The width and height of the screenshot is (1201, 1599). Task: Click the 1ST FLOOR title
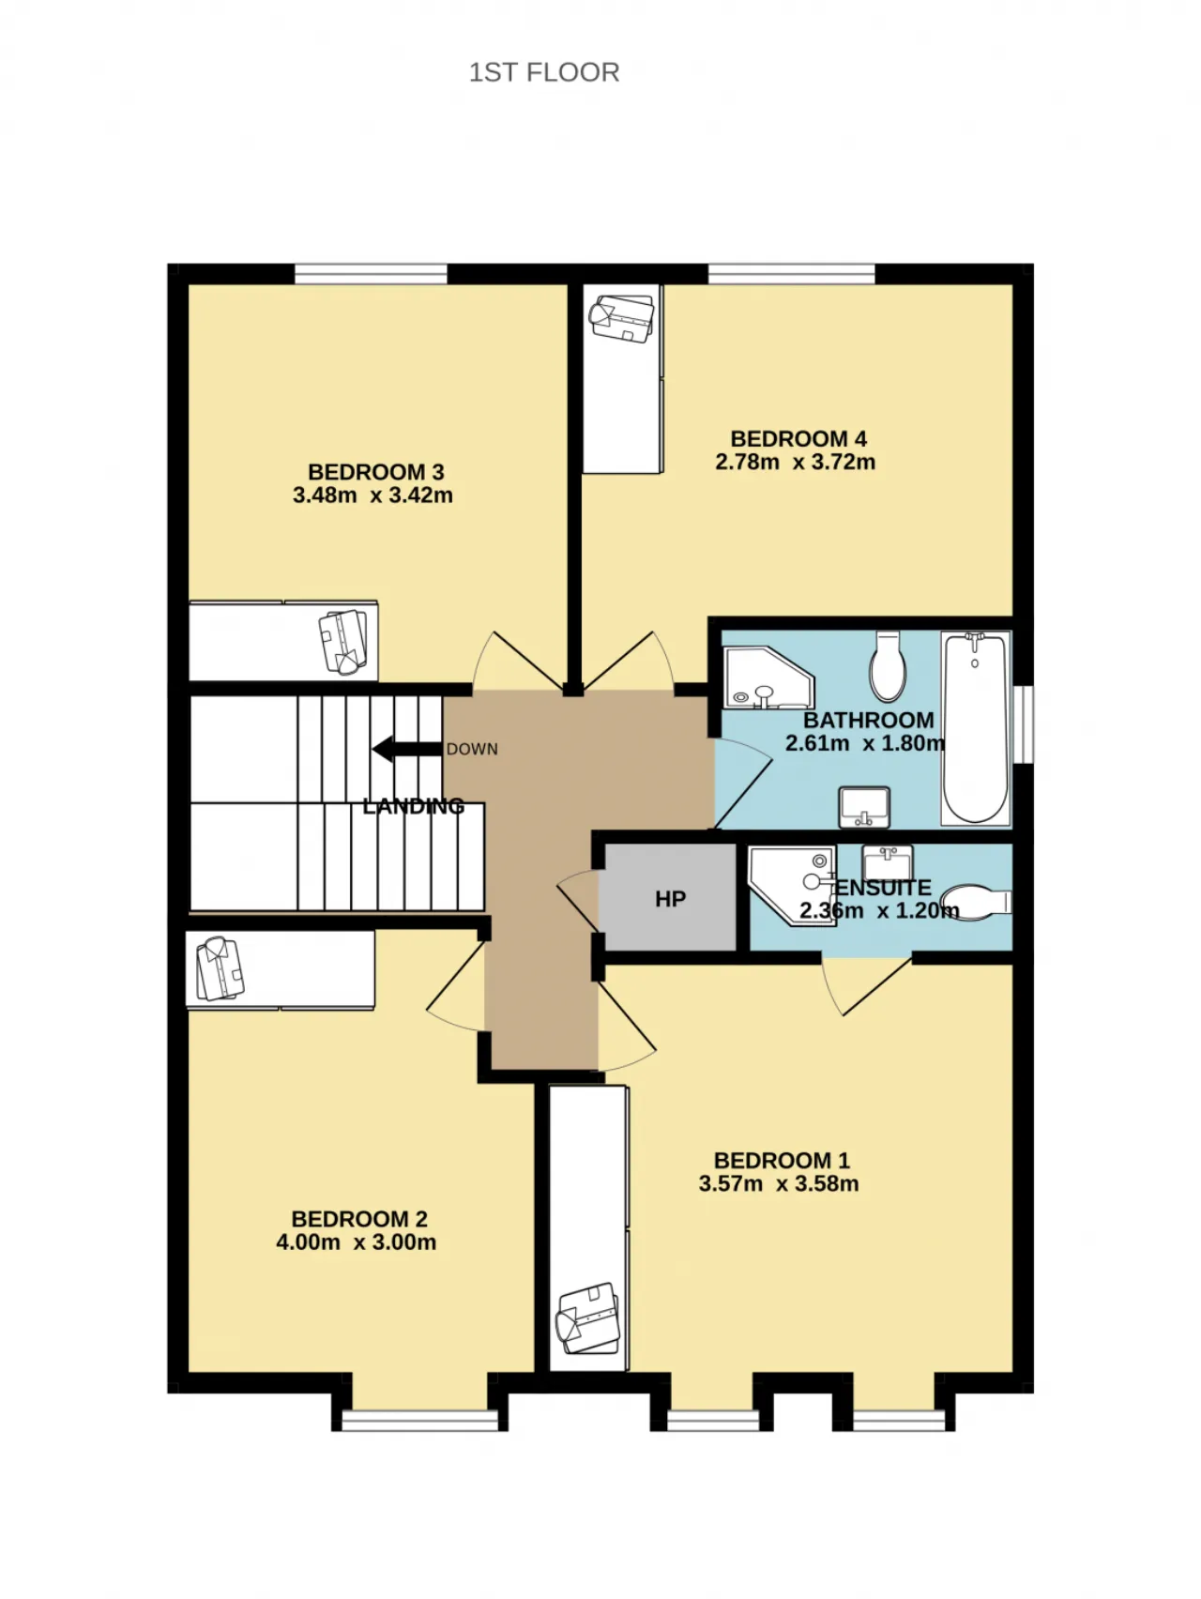click(544, 72)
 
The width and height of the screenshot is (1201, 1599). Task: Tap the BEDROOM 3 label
click(375, 472)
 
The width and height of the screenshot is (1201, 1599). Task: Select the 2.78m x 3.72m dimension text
click(796, 462)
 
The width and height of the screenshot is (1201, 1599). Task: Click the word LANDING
click(414, 805)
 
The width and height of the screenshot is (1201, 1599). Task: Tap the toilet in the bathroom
click(888, 666)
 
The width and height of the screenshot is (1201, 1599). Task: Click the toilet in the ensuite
click(977, 903)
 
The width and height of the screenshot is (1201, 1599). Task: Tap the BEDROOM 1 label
click(781, 1161)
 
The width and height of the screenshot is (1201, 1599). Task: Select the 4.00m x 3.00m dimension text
click(356, 1242)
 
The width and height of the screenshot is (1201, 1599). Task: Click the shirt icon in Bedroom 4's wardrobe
click(621, 319)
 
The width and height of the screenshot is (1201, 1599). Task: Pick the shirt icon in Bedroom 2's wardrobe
click(220, 969)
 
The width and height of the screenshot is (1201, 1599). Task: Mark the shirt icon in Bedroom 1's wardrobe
click(588, 1317)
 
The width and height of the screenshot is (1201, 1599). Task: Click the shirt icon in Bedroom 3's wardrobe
click(343, 642)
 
